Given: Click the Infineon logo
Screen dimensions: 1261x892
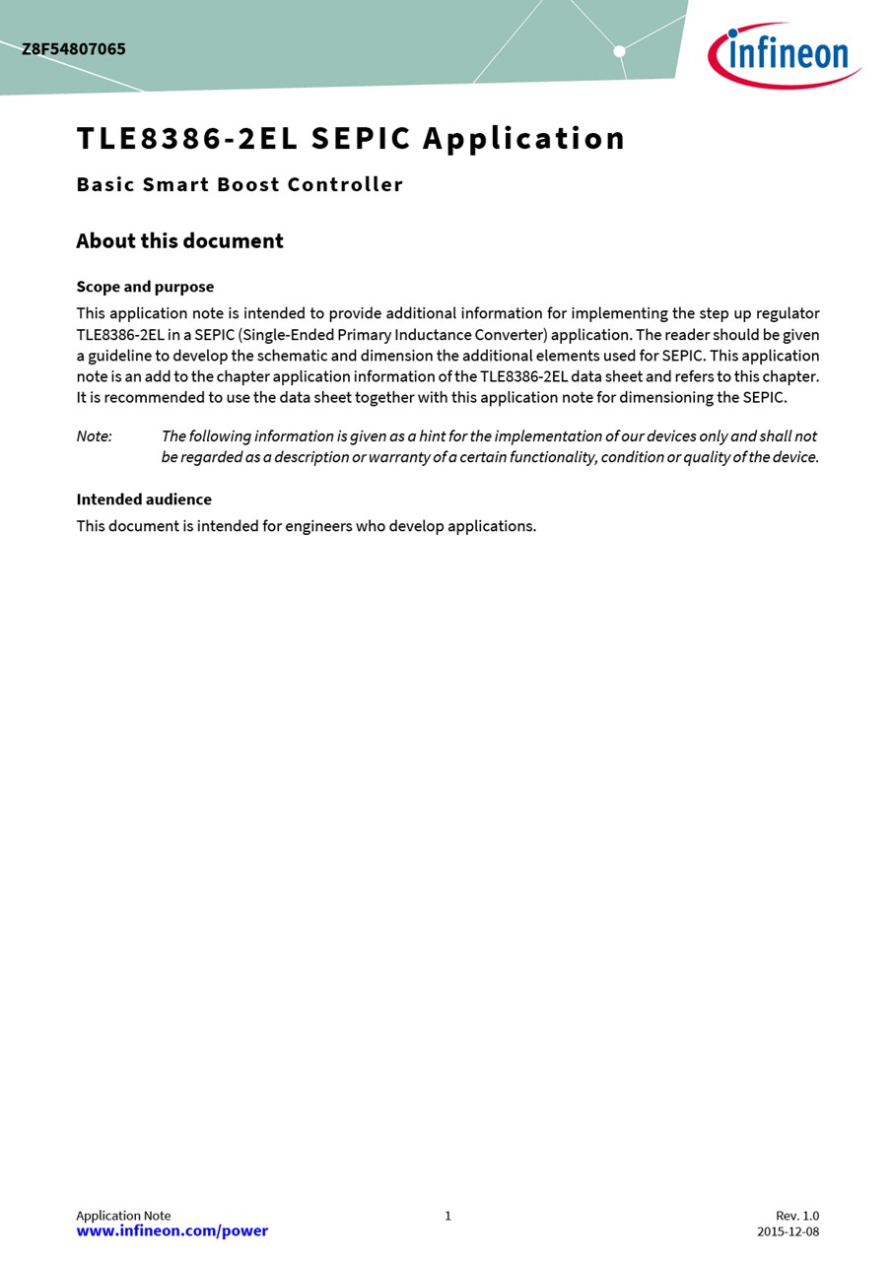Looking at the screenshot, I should (785, 54).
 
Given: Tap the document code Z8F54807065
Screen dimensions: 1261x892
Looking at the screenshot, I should (74, 49).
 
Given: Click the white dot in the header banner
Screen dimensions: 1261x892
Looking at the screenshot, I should (619, 51).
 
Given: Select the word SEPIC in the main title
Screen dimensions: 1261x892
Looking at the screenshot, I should (361, 139).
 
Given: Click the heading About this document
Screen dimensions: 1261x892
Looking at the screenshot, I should (179, 241).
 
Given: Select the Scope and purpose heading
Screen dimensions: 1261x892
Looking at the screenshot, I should (145, 287).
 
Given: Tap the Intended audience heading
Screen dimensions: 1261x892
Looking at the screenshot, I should (144, 499).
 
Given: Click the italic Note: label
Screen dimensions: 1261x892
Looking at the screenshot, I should (95, 436).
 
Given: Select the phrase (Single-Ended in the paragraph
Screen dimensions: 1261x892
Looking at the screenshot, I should (286, 335).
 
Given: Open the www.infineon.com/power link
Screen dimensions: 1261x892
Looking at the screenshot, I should (172, 1230).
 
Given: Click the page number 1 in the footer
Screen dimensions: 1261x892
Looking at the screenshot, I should (447, 1216).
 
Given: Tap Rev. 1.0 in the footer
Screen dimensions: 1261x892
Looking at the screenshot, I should (797, 1216).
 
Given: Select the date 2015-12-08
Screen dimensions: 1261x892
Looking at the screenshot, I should (788, 1231).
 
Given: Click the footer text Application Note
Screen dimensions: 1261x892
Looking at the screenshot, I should (123, 1216).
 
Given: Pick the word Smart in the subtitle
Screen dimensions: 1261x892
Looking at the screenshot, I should (175, 184).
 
